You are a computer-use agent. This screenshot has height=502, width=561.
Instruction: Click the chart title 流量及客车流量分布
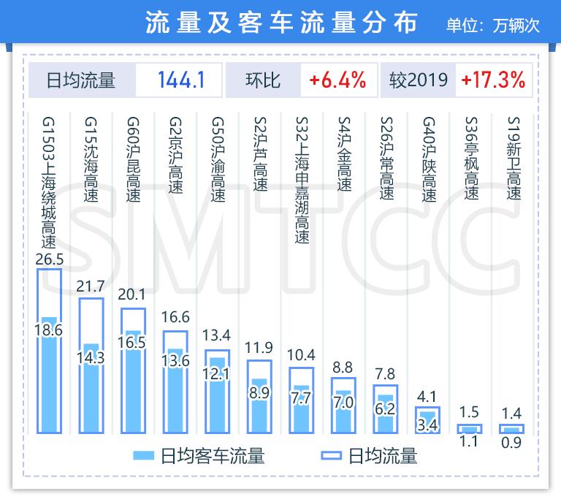click(x=280, y=22)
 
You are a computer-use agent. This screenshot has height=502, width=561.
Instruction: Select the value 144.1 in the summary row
click(x=179, y=79)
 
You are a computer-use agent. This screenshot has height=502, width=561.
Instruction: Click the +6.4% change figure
click(x=337, y=79)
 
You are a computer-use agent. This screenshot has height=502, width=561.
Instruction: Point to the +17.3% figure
click(x=493, y=79)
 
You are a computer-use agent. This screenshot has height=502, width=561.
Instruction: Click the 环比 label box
click(x=263, y=79)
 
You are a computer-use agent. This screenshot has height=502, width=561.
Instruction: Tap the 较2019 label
click(x=418, y=79)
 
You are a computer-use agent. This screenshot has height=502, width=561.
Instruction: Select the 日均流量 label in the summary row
click(x=80, y=79)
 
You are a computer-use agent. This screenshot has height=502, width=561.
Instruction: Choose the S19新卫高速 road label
click(x=514, y=158)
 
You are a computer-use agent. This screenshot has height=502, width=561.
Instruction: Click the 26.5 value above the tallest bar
click(x=50, y=260)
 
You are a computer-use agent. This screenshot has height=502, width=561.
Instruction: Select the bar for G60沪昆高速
click(x=134, y=373)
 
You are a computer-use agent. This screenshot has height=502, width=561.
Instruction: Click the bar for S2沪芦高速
click(x=260, y=398)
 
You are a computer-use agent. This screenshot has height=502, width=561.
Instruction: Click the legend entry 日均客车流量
click(x=201, y=457)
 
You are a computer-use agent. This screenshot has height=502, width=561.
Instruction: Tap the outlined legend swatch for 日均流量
click(x=331, y=457)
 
